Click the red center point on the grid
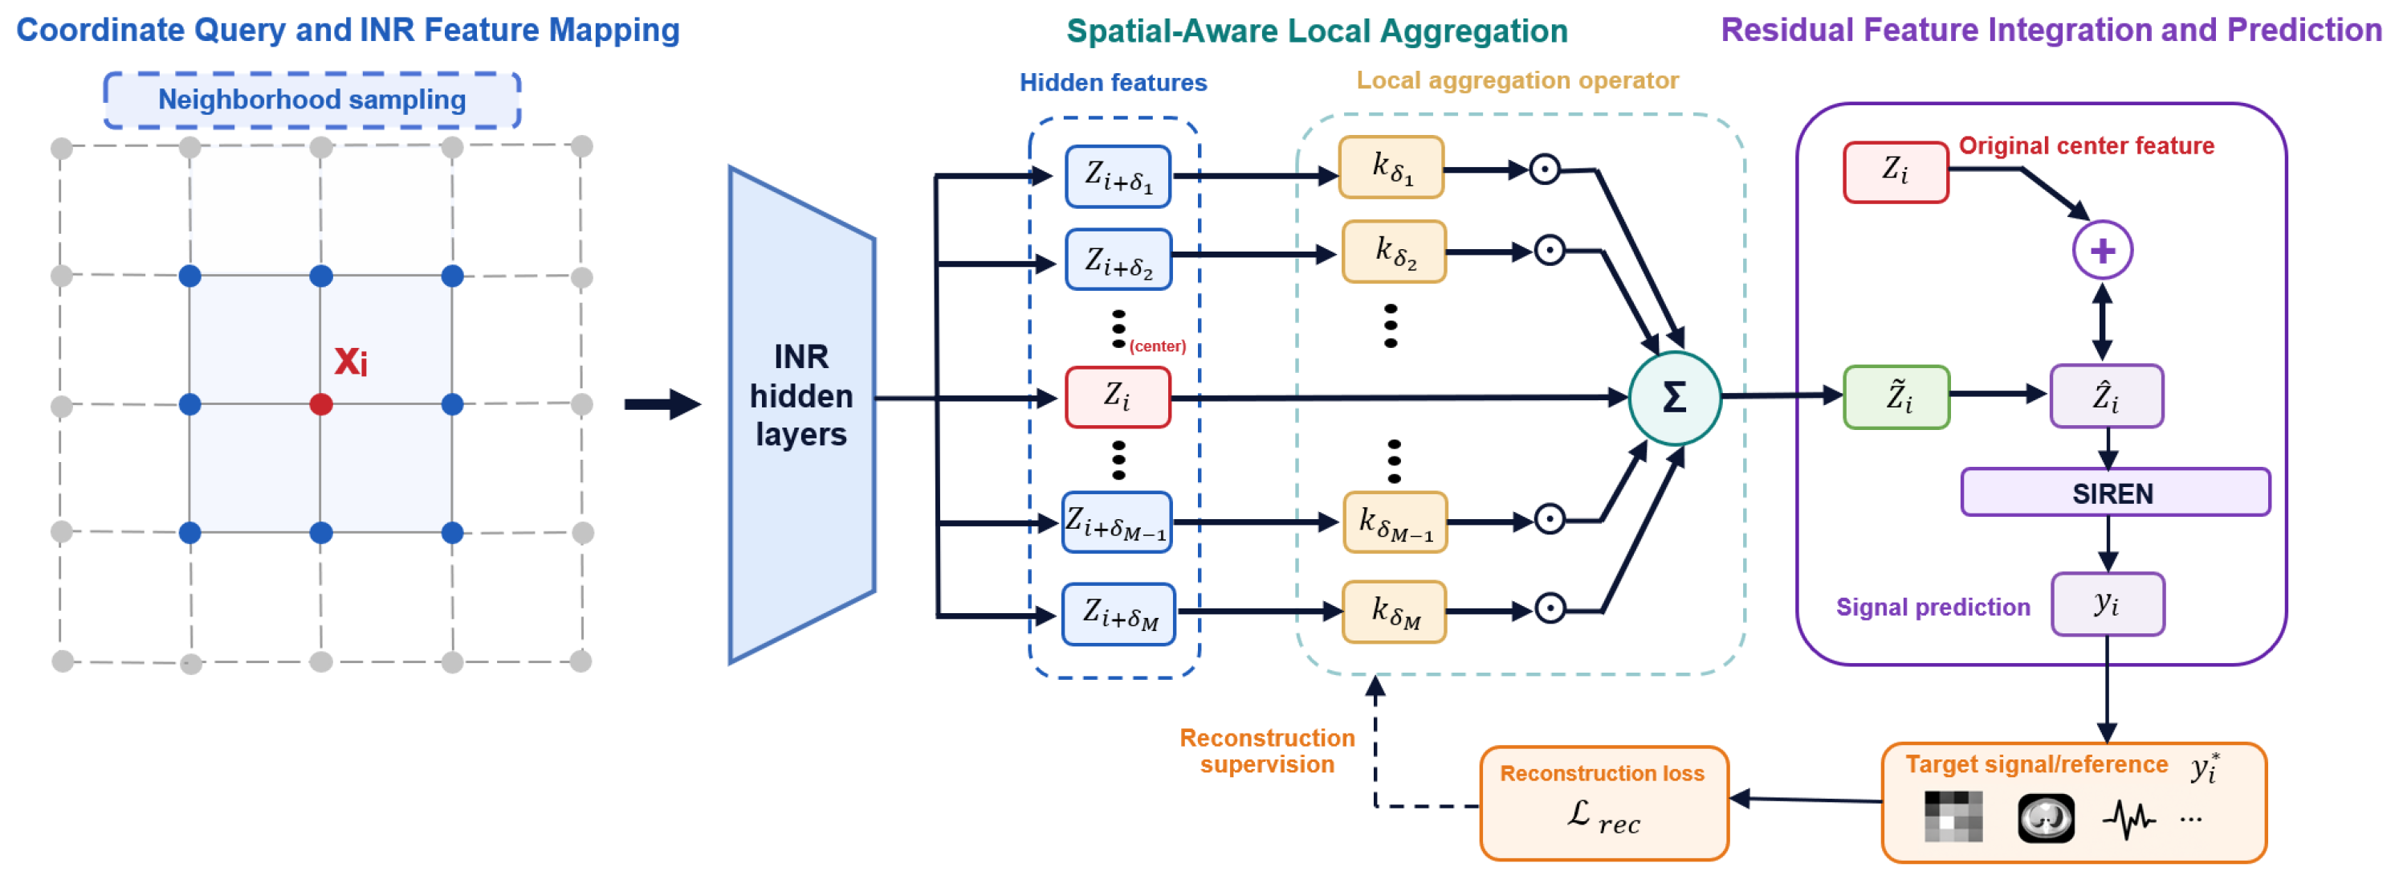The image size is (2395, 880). pyautogui.click(x=321, y=405)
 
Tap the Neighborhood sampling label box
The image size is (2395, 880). pyautogui.click(x=312, y=100)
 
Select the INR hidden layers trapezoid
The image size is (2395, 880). pyautogui.click(x=801, y=415)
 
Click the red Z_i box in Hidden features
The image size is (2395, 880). pyautogui.click(x=1118, y=397)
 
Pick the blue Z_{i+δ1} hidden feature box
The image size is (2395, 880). pyautogui.click(x=1118, y=176)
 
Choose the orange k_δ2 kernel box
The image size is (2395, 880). pyautogui.click(x=1394, y=252)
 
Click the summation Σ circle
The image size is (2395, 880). pyautogui.click(x=1675, y=398)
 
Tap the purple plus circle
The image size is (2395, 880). pyautogui.click(x=2102, y=250)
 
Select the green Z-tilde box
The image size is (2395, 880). pyautogui.click(x=1896, y=397)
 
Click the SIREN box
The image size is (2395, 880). pyautogui.click(x=2115, y=492)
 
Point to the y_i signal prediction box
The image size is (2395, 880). pyautogui.click(x=2108, y=604)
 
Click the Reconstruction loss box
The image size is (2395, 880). pyautogui.click(x=1604, y=803)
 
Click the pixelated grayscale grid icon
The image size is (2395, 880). pyautogui.click(x=1953, y=817)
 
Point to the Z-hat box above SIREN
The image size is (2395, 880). pyautogui.click(x=2107, y=396)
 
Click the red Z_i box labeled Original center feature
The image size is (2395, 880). pyautogui.click(x=1896, y=172)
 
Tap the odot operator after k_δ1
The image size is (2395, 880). pyautogui.click(x=1544, y=170)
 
